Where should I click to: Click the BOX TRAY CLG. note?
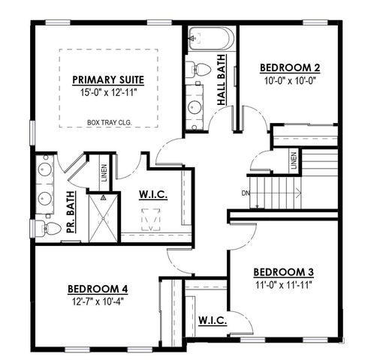(108, 119)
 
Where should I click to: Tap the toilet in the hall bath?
(200, 68)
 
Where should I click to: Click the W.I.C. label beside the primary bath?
(153, 196)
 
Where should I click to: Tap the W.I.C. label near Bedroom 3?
(213, 321)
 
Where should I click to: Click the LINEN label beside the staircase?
(294, 160)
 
